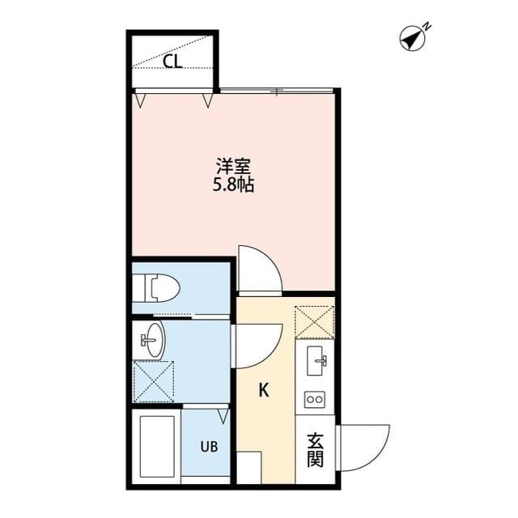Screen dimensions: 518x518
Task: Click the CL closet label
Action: coord(173,62)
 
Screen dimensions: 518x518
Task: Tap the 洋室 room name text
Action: coord(233,167)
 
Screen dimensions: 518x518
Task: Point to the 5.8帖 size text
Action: coord(233,185)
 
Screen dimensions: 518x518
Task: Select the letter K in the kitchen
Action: coord(264,390)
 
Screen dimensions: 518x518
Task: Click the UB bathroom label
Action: coord(209,447)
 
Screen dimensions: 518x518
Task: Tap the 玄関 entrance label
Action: coord(315,450)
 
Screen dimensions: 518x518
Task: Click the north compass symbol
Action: coord(414,37)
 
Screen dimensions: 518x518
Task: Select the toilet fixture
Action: coord(156,287)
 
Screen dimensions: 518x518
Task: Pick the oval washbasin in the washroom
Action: coord(155,340)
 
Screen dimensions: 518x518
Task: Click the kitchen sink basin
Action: coord(316,361)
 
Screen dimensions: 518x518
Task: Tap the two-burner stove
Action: coord(315,400)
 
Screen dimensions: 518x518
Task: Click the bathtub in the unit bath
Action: coord(157,446)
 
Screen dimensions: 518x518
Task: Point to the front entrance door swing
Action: coord(363,448)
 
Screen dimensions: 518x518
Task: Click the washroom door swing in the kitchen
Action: coord(257,346)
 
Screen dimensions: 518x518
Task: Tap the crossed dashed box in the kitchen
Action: coord(315,322)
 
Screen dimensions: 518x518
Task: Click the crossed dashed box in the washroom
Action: coord(154,381)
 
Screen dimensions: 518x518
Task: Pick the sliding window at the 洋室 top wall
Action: coord(277,90)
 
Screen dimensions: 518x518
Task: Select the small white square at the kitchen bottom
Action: coord(249,468)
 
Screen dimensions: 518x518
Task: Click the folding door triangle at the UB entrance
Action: coord(223,416)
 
